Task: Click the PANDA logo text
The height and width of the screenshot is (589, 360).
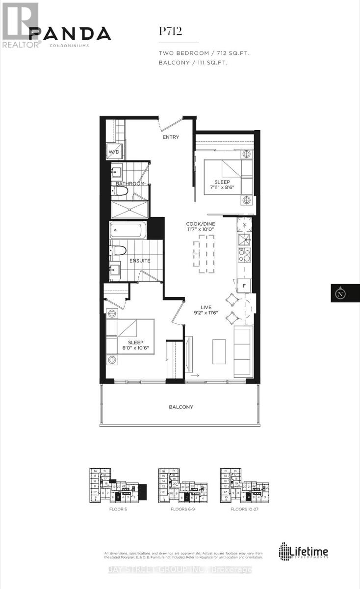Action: (x=70, y=33)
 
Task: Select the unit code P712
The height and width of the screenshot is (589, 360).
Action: (x=171, y=31)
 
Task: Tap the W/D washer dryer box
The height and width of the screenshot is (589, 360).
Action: (x=113, y=152)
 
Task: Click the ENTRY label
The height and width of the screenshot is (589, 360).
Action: (x=171, y=137)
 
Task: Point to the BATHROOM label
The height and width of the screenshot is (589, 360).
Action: (x=130, y=184)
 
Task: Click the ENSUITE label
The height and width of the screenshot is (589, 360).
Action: (x=140, y=261)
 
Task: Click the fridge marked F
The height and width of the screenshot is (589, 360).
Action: (x=244, y=285)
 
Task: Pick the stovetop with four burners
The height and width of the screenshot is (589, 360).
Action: (x=244, y=255)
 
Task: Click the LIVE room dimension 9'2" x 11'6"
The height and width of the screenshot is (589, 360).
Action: (x=205, y=313)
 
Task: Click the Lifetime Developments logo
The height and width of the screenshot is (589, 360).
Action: (x=304, y=551)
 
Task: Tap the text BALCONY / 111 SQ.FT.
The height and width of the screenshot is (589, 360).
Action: (x=193, y=63)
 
